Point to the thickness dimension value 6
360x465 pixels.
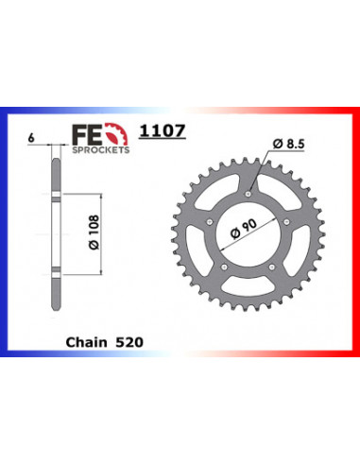33,138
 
